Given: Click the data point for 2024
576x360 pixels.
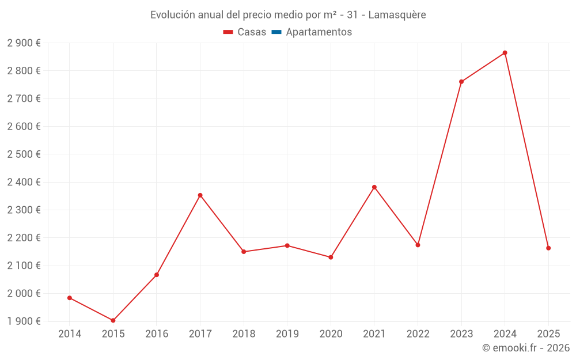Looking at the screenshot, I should (x=505, y=53).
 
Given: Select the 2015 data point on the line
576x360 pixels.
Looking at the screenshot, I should (x=113, y=320).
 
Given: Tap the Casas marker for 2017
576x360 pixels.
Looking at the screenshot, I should (x=200, y=195).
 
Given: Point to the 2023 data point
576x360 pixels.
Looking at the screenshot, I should (x=461, y=82).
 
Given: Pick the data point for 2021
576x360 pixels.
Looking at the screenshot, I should (x=374, y=187).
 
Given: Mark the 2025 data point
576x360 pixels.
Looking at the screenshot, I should (x=548, y=248).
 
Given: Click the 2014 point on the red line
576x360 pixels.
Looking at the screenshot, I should (x=70, y=298).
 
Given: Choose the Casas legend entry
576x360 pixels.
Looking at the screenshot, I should (x=245, y=32).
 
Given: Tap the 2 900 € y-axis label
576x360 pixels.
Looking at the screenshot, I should (x=24, y=43).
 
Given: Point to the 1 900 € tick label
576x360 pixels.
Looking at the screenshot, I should (x=24, y=321).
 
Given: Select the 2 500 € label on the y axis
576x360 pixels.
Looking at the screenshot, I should (x=24, y=154).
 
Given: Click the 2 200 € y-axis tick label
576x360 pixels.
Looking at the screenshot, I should (x=24, y=238).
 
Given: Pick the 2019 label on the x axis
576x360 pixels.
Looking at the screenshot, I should (x=287, y=334).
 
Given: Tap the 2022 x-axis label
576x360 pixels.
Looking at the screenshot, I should (x=418, y=334).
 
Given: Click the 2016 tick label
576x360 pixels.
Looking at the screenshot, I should (x=157, y=334).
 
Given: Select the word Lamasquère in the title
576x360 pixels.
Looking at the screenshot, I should (x=397, y=15).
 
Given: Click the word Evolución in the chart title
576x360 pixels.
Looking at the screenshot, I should (x=172, y=15).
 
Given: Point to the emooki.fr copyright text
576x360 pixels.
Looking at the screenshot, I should (x=526, y=348).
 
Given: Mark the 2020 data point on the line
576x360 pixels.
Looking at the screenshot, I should (x=331, y=257).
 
